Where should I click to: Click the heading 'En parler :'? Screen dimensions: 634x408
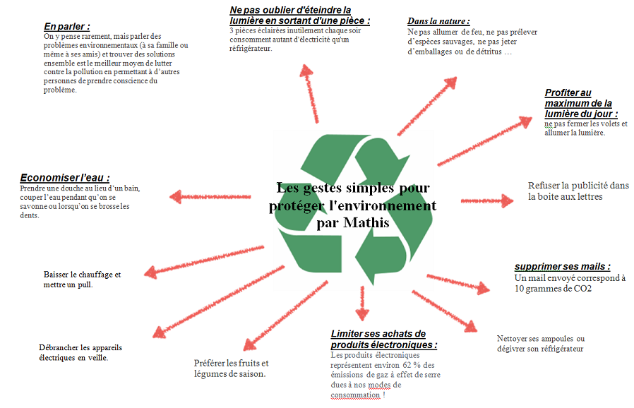coord(66,26)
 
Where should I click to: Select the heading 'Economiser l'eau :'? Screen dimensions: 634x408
coord(65,177)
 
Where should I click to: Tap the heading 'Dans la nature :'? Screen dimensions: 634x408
coord(438,21)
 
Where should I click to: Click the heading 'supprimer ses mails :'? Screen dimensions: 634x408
coord(562,267)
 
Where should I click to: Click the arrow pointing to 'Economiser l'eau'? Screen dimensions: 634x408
coord(210,197)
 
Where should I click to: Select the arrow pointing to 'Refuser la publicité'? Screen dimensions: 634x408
coord(487,200)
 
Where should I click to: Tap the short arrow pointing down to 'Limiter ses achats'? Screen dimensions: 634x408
coord(362,304)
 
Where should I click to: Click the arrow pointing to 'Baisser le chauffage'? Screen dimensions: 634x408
coord(204,262)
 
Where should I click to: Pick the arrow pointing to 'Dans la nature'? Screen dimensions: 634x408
coord(427,106)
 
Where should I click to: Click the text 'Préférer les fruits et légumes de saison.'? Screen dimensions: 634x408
coord(231,368)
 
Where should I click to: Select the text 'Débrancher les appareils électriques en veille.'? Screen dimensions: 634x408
coord(80,352)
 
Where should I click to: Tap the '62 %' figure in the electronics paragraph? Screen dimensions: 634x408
coord(412,365)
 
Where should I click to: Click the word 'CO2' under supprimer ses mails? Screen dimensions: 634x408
coord(582,288)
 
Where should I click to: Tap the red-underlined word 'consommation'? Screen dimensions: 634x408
coord(355,395)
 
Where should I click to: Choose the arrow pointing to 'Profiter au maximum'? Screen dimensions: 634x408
coord(484,141)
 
